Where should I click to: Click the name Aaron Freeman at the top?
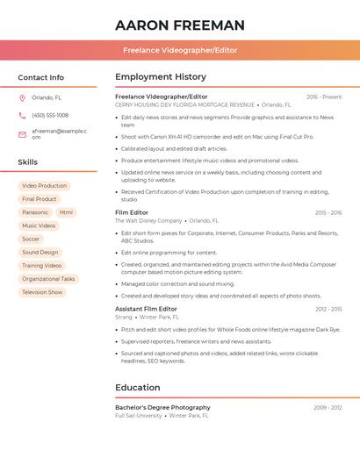pyautogui.click(x=180, y=25)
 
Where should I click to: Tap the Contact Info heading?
pyautogui.click(x=40, y=77)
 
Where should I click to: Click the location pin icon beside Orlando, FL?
pyautogui.click(x=22, y=98)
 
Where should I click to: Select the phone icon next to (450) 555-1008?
pyautogui.click(x=22, y=115)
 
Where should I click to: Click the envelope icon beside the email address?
pyautogui.click(x=22, y=133)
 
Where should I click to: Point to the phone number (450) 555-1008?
pyautogui.click(x=50, y=115)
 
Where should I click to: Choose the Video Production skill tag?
pyautogui.click(x=44, y=186)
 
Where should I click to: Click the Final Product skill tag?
pyautogui.click(x=40, y=199)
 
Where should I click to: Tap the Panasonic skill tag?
pyautogui.click(x=35, y=212)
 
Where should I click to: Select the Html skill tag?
pyautogui.click(x=67, y=212)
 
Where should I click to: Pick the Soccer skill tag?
pyautogui.click(x=31, y=239)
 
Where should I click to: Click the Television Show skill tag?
pyautogui.click(x=42, y=292)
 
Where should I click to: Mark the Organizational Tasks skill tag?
pyautogui.click(x=48, y=279)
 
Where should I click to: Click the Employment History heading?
pyautogui.click(x=161, y=77)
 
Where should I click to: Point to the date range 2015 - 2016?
pyautogui.click(x=328, y=212)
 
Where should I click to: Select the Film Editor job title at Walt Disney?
pyautogui.click(x=132, y=212)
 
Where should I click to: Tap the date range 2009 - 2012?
pyautogui.click(x=328, y=407)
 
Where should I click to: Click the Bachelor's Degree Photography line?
pyautogui.click(x=162, y=407)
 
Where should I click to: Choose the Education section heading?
pyautogui.click(x=138, y=387)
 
